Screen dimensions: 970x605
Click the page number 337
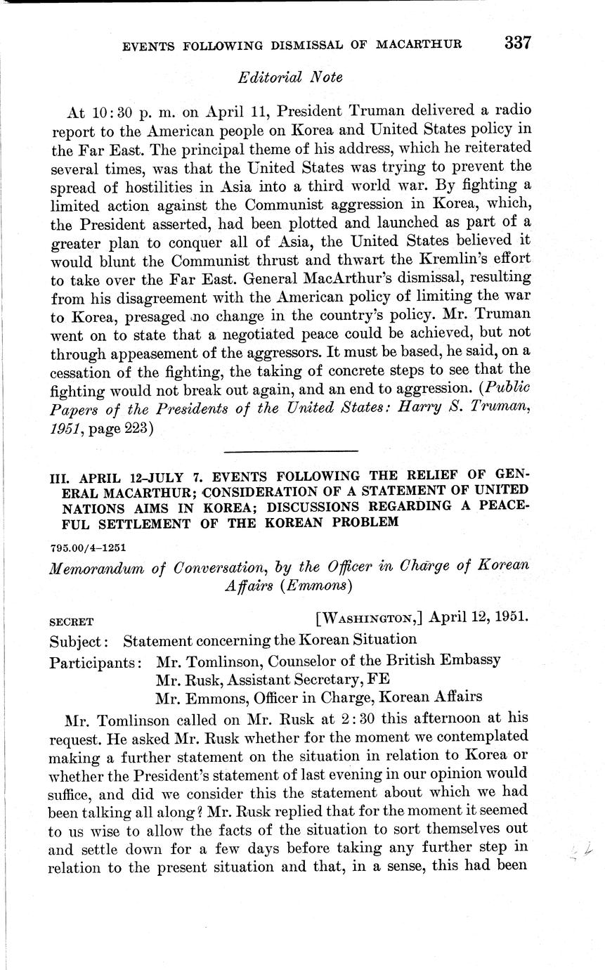click(x=516, y=42)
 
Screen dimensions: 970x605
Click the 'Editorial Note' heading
click(x=290, y=78)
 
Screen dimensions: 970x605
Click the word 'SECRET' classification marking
click(x=72, y=622)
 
